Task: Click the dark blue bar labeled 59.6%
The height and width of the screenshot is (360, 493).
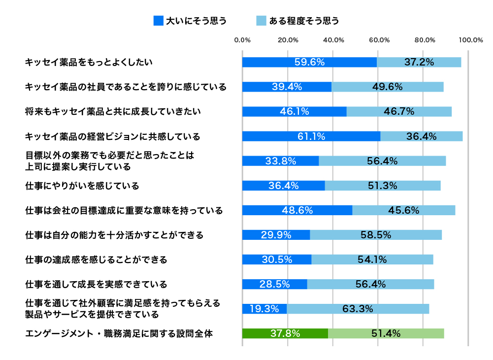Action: (309, 62)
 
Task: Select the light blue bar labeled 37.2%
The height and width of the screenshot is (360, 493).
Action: (419, 62)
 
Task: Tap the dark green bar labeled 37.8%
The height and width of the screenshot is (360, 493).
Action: (285, 333)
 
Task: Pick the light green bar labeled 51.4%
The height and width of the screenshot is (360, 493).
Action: (386, 333)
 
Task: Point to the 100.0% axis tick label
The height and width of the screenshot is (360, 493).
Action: (470, 40)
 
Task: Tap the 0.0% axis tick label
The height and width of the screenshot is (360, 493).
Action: (242, 40)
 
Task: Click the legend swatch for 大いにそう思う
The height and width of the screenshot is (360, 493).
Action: (158, 21)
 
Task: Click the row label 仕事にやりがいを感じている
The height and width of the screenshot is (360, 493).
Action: (82, 186)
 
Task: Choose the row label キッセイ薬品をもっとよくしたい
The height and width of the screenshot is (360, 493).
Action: (89, 63)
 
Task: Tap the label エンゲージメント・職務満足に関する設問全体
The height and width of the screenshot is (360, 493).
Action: (119, 334)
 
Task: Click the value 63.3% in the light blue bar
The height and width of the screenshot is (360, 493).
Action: (358, 309)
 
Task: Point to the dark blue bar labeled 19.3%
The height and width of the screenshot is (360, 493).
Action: (264, 309)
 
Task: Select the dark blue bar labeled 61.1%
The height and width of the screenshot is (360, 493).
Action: (311, 136)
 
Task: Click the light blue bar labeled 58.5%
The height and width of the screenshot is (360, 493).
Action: (376, 235)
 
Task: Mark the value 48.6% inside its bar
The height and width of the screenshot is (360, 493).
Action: (297, 210)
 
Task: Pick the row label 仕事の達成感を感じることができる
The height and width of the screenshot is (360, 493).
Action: (97, 260)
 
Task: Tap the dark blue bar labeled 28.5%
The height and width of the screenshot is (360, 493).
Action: (274, 284)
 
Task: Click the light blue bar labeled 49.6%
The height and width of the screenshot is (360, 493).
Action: (388, 87)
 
